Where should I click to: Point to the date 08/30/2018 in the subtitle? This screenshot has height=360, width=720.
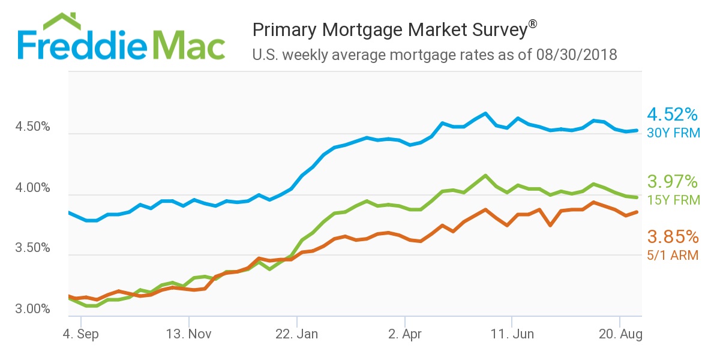pos(579,55)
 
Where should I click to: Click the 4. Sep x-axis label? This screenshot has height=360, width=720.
pos(82,334)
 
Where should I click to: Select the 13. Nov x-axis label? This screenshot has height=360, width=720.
pos(189,334)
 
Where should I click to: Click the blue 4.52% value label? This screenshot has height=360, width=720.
pos(673,114)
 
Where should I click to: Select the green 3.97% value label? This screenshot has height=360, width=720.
pos(673,181)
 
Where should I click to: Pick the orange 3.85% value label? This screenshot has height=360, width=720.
pos(673,236)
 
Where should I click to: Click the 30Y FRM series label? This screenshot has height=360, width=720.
pos(673,133)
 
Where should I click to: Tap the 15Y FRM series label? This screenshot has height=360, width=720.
pos(673,200)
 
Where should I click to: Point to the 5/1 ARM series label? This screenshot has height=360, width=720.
pos(673,255)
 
